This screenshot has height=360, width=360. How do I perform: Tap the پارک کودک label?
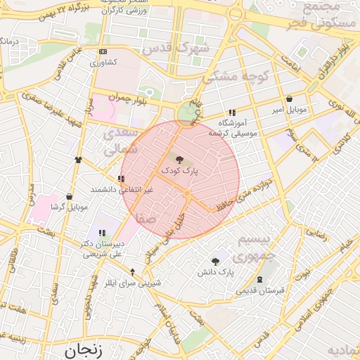[x=180, y=171]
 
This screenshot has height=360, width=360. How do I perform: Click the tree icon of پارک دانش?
[x=215, y=262]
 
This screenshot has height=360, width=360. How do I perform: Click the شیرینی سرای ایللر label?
[x=133, y=283]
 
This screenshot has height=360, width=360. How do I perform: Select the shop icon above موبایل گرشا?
[x=69, y=197]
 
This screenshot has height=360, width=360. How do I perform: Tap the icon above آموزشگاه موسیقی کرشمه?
[x=232, y=112]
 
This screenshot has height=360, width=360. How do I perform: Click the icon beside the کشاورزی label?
[x=103, y=51]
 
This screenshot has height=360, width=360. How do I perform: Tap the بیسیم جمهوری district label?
[x=259, y=247]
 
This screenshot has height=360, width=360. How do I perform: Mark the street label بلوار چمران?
[x=130, y=97]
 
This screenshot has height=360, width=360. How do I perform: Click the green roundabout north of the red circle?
[x=187, y=112]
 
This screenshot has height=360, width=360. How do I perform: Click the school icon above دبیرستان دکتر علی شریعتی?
[x=103, y=233]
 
